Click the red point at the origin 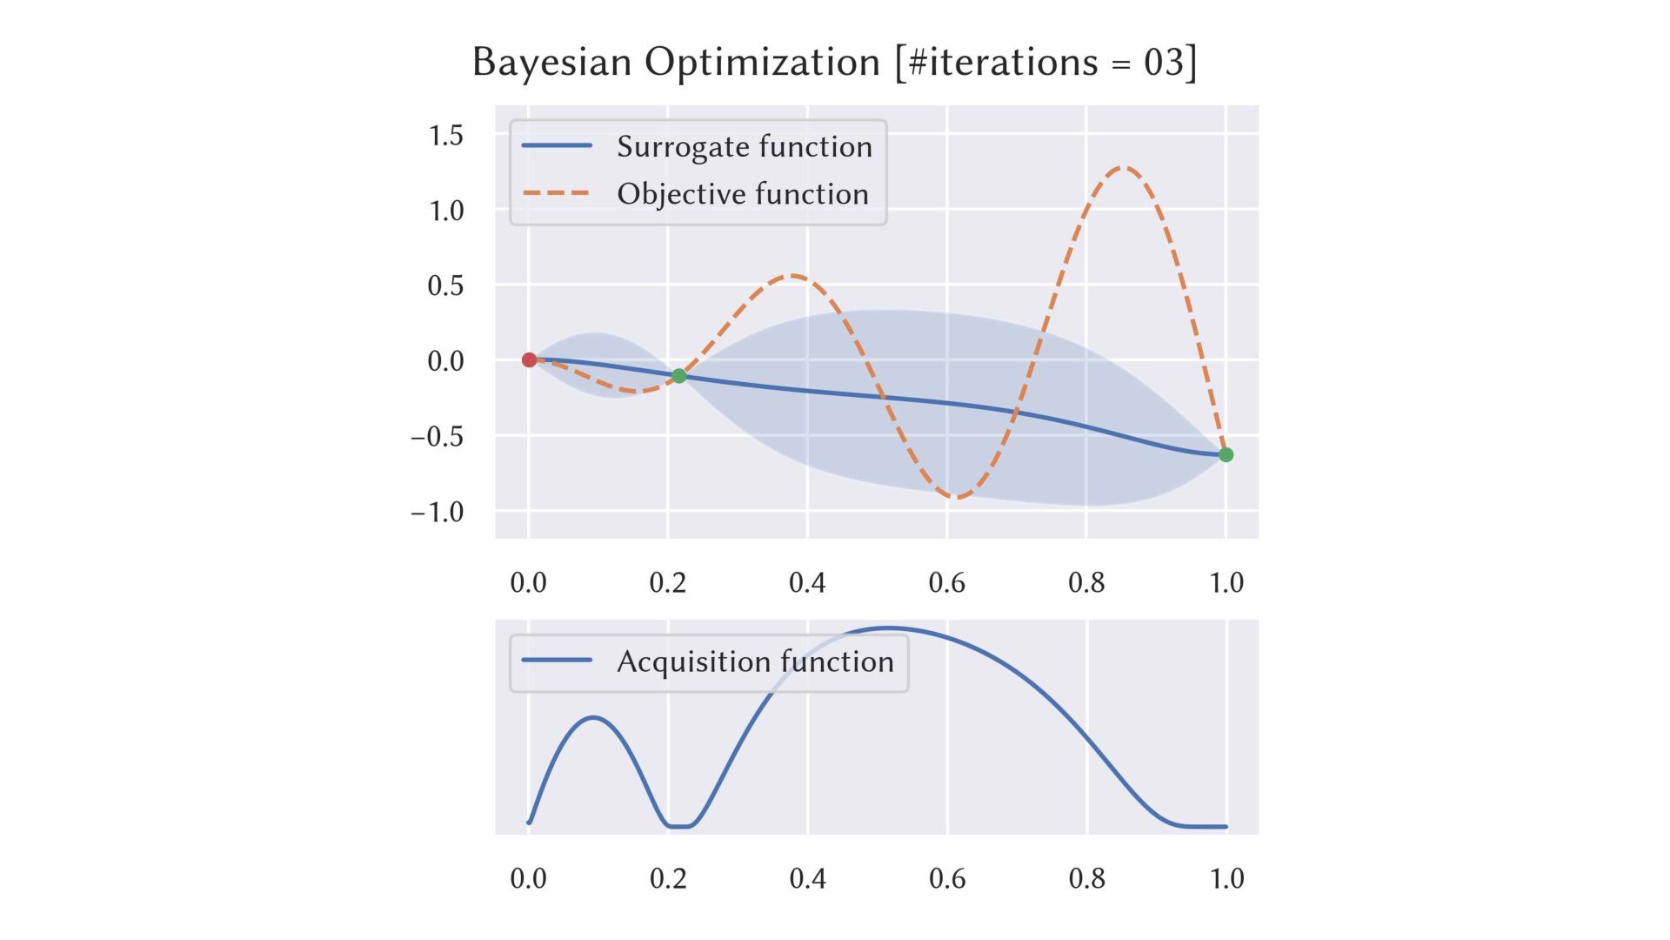point(529,359)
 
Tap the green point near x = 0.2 point(679,376)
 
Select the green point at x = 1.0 point(1226,454)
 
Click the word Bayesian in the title point(551,63)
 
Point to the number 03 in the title point(1163,63)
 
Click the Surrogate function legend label point(744,146)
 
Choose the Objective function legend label point(742,193)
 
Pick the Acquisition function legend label point(754,661)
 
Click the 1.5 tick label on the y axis point(445,135)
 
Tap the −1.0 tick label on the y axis point(438,511)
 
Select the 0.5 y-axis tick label point(445,285)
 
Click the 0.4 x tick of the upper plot point(807,581)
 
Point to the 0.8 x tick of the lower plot point(1086,878)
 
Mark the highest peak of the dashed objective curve point(1124,167)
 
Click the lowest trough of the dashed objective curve point(958,497)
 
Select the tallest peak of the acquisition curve point(888,628)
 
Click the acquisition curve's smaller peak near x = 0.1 point(593,717)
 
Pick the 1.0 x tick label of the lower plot point(1226,878)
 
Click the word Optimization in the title point(762,63)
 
